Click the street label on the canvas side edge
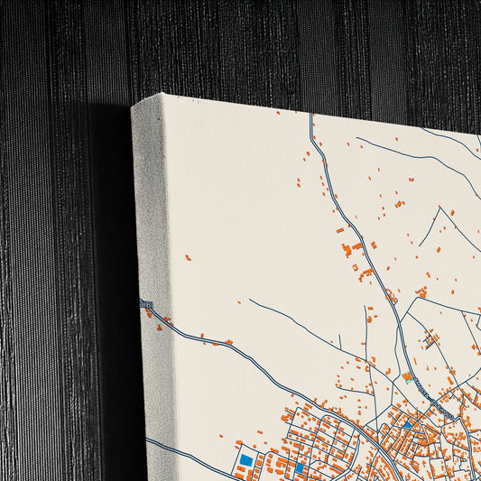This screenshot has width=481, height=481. [x=146, y=305]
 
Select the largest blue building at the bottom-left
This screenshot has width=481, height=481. [x=245, y=460]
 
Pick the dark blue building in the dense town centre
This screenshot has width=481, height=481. [x=407, y=425]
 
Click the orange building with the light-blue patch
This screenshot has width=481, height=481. [x=408, y=376]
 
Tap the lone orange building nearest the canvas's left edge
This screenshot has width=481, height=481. [x=188, y=258]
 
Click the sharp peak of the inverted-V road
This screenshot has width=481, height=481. [x=439, y=209]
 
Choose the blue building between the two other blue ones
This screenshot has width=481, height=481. [x=300, y=467]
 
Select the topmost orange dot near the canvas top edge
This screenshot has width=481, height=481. [x=278, y=113]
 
